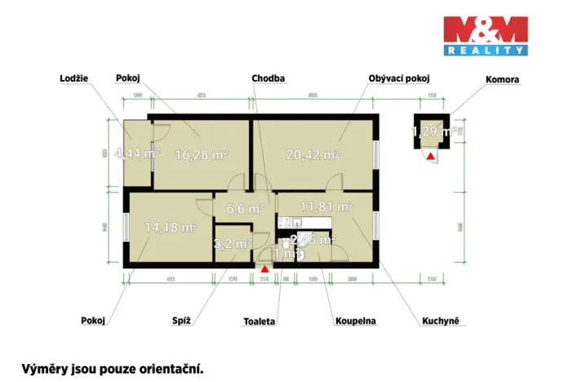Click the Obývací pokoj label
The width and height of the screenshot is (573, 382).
pyautogui.click(x=398, y=78)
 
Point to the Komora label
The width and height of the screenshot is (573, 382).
pyautogui.click(x=503, y=79)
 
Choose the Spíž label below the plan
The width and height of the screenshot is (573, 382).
pyautogui.click(x=181, y=321)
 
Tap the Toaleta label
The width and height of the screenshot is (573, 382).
pyautogui.click(x=260, y=321)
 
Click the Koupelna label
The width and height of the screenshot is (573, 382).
pyautogui.click(x=355, y=321)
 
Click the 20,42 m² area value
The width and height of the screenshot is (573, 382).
pyautogui.click(x=313, y=153)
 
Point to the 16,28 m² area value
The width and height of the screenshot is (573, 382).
pyautogui.click(x=202, y=153)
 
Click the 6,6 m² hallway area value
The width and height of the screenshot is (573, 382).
pyautogui.click(x=245, y=208)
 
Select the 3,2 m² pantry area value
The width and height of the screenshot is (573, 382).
pyautogui.click(x=233, y=243)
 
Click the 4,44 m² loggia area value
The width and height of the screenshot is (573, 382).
pyautogui.click(x=137, y=153)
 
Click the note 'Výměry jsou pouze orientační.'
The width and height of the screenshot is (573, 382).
pyautogui.click(x=112, y=368)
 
